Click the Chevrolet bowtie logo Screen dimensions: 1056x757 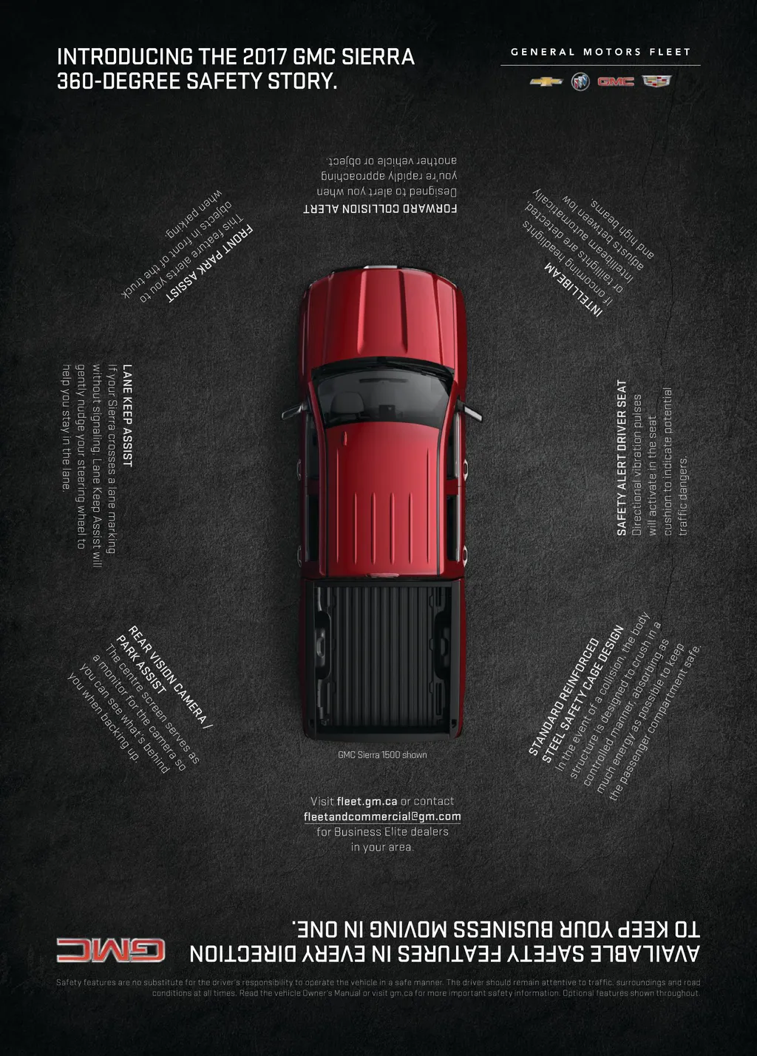546,81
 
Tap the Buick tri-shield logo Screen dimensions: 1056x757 580,81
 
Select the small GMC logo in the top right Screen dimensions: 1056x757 616,81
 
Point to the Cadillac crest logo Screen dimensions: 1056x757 656,81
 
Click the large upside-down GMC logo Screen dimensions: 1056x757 111,950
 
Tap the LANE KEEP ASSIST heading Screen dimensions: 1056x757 127,415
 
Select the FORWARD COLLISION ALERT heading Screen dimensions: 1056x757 380,209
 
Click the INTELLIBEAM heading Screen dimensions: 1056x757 574,291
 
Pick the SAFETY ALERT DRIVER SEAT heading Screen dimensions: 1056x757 622,458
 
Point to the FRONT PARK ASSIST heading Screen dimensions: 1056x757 210,264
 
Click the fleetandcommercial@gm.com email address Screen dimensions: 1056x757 382,816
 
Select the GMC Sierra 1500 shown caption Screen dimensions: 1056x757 382,755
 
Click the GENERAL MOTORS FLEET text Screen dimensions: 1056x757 600,52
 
